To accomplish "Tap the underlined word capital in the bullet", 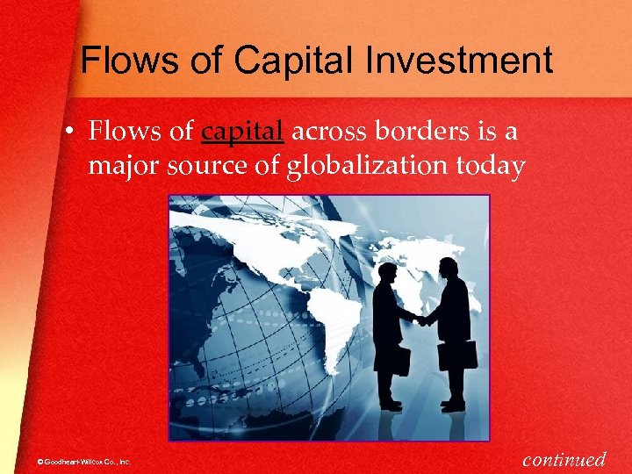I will point(242,132).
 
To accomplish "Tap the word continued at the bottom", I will point(564,458).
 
